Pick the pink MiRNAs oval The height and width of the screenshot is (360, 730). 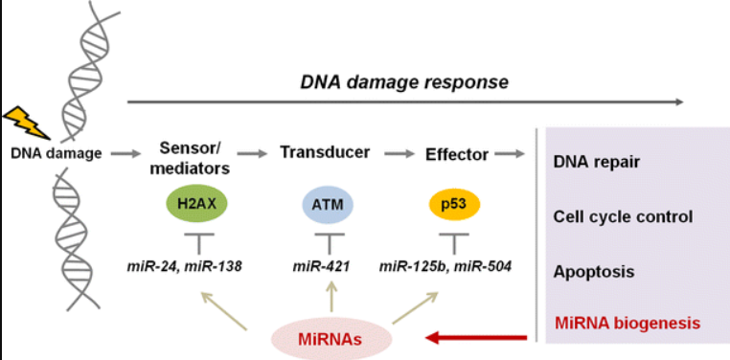(330, 340)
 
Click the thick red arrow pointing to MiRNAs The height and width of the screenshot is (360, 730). (478, 337)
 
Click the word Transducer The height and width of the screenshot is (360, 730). (324, 153)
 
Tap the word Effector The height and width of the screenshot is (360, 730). (458, 153)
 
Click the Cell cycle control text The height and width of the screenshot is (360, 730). (623, 215)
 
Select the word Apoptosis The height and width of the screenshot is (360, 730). (593, 272)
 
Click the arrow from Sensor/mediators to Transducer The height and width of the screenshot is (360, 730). (256, 153)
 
